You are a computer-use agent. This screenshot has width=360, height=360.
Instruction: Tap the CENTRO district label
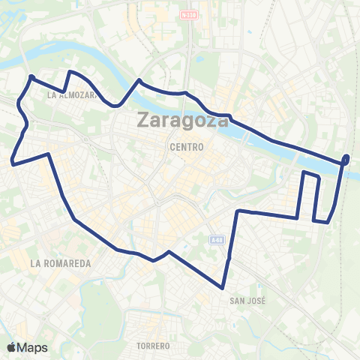(187, 147)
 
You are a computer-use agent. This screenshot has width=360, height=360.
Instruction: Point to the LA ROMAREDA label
(61, 264)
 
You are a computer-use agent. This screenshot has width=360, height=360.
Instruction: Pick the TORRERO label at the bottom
(154, 346)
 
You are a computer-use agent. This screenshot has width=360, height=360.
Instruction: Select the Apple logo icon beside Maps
(12, 346)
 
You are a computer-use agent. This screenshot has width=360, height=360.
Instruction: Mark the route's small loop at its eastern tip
(346, 158)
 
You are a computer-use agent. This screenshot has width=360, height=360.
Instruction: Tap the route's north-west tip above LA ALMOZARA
(31, 76)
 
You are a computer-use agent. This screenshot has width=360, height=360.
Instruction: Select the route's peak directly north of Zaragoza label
(139, 79)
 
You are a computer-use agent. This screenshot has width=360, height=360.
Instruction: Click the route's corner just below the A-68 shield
(238, 211)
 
